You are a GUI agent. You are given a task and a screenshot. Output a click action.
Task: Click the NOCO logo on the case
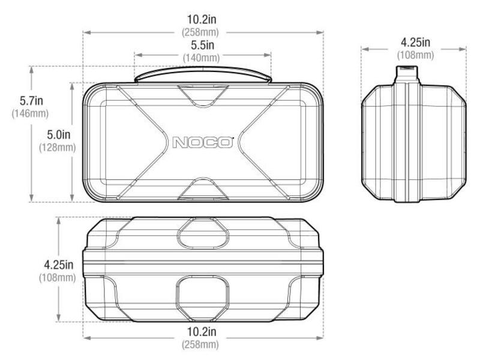coord(202,143)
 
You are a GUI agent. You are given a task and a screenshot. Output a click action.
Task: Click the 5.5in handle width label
coord(202,46)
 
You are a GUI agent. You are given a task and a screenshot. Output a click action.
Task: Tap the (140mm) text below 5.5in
coord(202,58)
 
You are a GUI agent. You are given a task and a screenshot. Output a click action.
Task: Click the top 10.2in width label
coord(202,19)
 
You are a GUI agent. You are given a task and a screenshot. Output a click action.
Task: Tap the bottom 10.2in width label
coord(202,332)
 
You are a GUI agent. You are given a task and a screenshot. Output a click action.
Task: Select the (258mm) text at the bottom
coord(202,344)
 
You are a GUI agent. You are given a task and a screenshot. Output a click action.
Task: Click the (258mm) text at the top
coord(202,31)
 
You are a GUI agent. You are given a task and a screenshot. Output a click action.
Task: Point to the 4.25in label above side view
coord(415,43)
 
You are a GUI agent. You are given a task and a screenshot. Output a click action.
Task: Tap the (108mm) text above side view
coord(415,55)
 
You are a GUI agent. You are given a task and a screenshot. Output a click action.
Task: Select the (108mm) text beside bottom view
coord(58,278)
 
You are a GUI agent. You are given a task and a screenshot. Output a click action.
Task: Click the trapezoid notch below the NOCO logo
coord(203,189)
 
